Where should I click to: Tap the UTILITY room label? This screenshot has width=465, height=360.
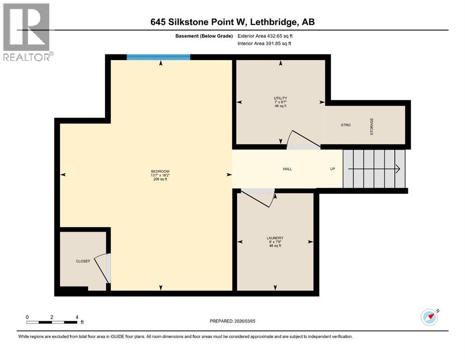click(280, 98)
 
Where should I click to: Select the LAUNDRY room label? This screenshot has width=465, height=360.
click(275, 238)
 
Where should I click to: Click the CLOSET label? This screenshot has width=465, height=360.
click(83, 261)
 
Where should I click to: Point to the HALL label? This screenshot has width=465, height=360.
click(287, 169)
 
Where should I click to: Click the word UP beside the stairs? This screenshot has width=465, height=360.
click(332, 169)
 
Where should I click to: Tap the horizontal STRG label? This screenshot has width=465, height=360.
click(346, 125)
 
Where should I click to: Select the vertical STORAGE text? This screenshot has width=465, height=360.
click(372, 126)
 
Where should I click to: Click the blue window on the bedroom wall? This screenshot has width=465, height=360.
click(158, 57)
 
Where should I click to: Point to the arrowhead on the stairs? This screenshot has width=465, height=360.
click(397, 169)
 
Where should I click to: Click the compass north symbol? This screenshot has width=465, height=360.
click(430, 317)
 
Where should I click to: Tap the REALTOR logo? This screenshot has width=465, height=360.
click(27, 32)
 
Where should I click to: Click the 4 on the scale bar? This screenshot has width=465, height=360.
click(76, 317)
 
